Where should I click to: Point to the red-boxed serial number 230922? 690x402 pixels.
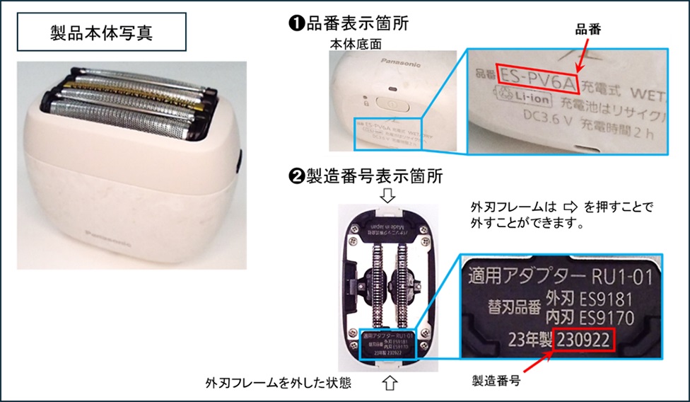tap(584, 340)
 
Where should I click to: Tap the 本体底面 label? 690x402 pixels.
tap(356, 43)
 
